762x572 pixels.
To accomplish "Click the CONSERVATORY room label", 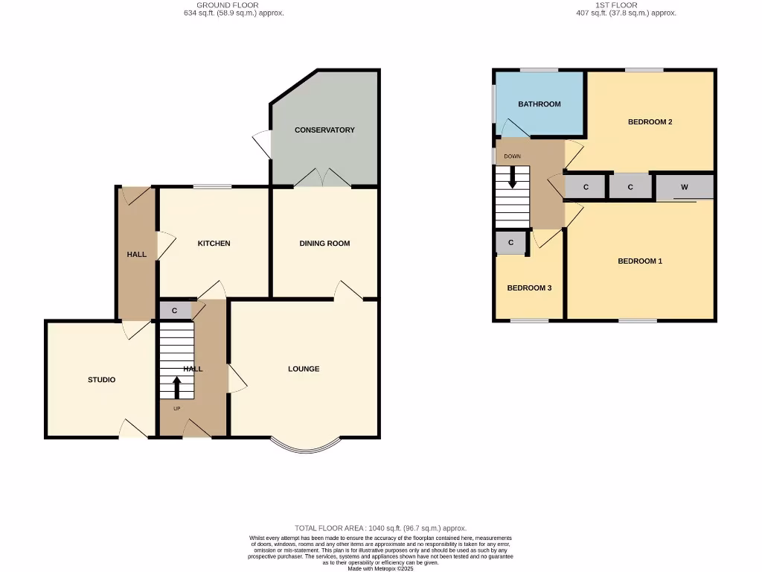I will (x=324, y=130).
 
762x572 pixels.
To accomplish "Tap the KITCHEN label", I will (x=214, y=244).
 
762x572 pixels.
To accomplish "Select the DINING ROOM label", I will (x=324, y=244).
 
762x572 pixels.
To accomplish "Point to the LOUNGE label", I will (x=304, y=369).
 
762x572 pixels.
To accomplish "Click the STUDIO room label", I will (x=101, y=380).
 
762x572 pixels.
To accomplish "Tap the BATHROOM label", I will (x=540, y=104).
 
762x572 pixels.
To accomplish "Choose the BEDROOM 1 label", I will (x=640, y=261).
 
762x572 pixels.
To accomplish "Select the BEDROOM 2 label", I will (x=650, y=121).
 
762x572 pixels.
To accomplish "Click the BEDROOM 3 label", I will (x=529, y=288).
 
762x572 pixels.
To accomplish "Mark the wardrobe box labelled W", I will (x=685, y=187).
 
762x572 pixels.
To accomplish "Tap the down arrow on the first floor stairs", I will (x=512, y=177).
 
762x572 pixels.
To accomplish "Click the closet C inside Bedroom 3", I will (x=511, y=243).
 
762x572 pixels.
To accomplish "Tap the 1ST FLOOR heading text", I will (x=615, y=5).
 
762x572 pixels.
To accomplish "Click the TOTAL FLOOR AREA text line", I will (x=380, y=528).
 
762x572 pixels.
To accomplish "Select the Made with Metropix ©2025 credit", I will (x=380, y=568).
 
